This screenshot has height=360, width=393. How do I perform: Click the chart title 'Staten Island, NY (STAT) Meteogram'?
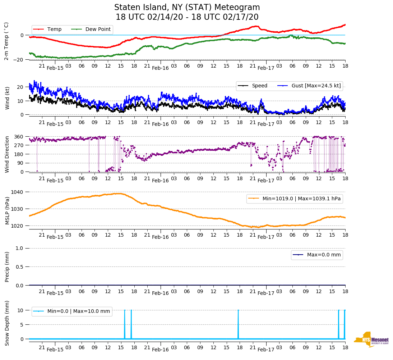point(187,8)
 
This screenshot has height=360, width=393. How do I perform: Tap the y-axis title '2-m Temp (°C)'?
point(6,41)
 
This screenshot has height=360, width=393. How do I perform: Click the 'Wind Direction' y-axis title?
point(7,154)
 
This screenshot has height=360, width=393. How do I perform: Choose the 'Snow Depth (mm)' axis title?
point(7,323)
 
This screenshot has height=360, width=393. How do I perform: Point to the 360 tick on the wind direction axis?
point(19,137)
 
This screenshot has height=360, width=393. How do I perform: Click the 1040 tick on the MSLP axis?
point(18,192)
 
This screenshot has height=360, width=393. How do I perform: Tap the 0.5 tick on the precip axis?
point(20,267)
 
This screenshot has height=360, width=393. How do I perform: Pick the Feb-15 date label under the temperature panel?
point(55,68)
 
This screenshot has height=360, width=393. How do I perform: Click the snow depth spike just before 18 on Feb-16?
point(238,324)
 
